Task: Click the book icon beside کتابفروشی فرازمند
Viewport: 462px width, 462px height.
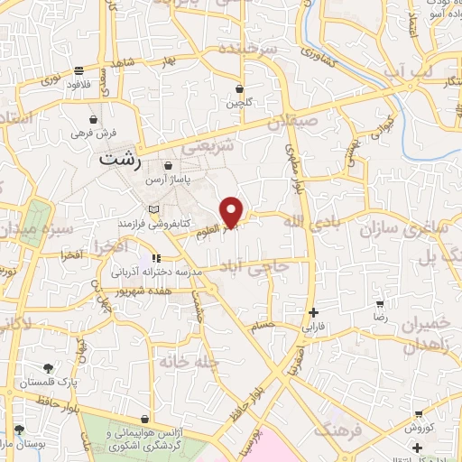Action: tap(152, 208)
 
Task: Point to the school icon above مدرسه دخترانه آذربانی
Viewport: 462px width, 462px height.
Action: tap(155, 257)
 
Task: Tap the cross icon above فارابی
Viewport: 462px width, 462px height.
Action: tap(312, 311)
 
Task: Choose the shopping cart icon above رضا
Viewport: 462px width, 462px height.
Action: tap(380, 305)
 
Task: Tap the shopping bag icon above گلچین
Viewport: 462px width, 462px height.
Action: tap(239, 89)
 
